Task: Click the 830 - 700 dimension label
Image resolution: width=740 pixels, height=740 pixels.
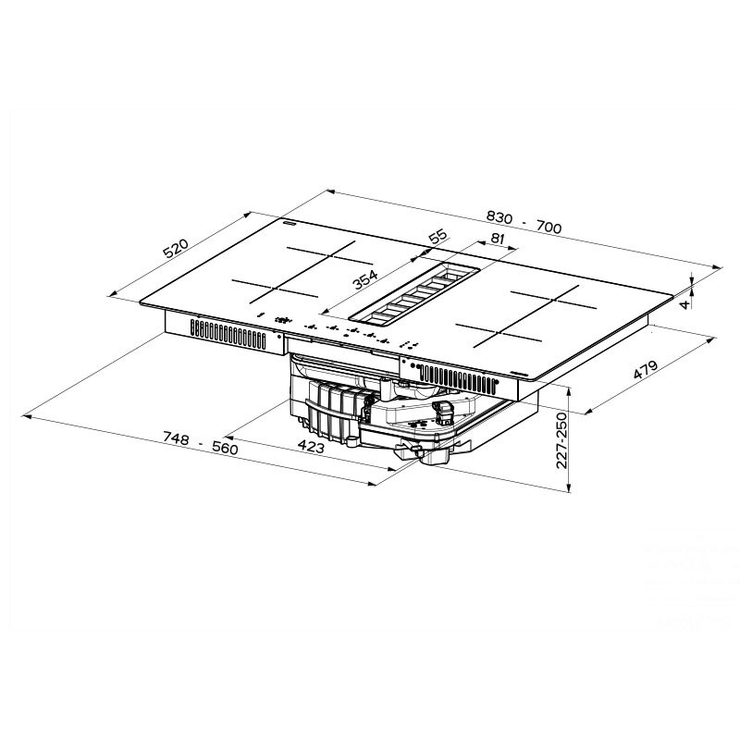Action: pyautogui.click(x=524, y=221)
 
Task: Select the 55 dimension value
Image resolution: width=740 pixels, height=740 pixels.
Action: pyautogui.click(x=438, y=237)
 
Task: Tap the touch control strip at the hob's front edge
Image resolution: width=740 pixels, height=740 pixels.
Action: pyautogui.click(x=342, y=327)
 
